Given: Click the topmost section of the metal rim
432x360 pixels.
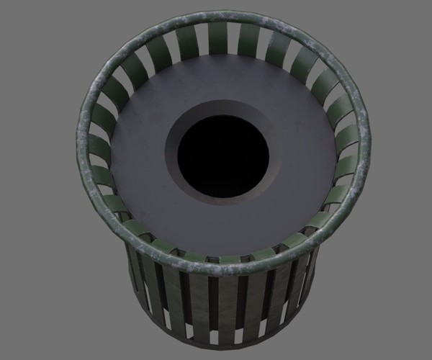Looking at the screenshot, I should (x=223, y=16).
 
